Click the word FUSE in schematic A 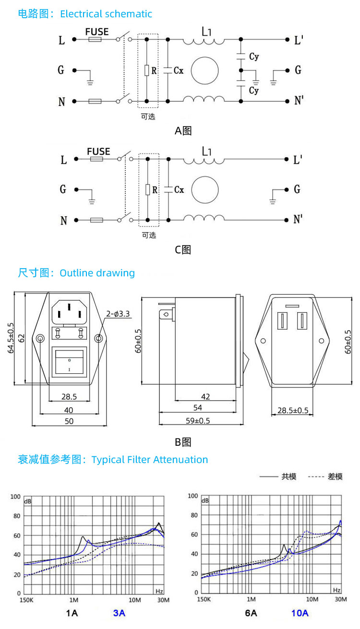[x=97, y=32]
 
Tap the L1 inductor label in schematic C [x=207, y=152]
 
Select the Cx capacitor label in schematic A [x=179, y=71]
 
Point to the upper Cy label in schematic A [x=254, y=56]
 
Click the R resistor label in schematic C [x=155, y=190]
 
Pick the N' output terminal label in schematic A [x=299, y=101]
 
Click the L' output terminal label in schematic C [x=298, y=160]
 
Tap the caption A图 [x=183, y=131]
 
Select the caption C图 [x=183, y=249]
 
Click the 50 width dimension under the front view [x=69, y=421]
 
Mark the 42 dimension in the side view [x=205, y=396]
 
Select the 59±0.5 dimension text [x=198, y=421]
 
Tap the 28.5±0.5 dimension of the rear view [x=293, y=411]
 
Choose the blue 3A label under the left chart [x=119, y=613]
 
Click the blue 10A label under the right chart [x=300, y=613]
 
